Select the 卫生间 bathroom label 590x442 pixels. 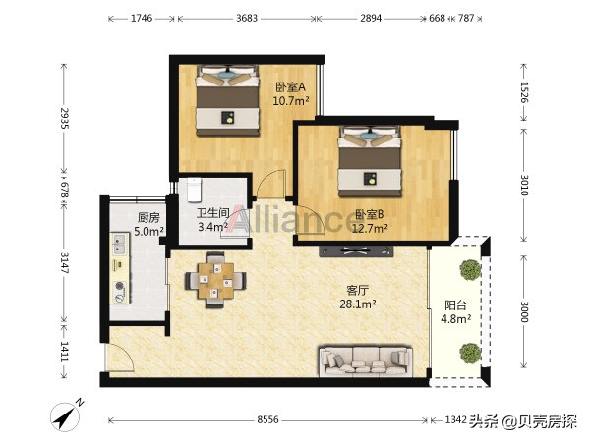click(x=212, y=212)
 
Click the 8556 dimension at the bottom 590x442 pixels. click(x=269, y=420)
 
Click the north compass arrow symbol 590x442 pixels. click(x=68, y=414)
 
